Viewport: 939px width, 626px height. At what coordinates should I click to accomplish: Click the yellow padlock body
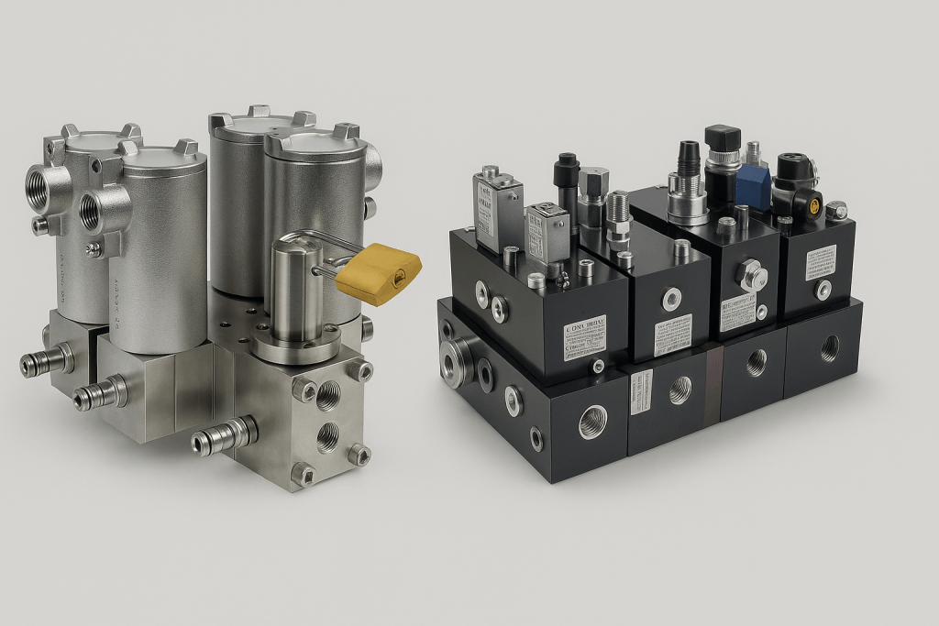pos(378,274)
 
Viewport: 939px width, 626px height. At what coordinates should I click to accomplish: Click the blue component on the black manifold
pos(751,182)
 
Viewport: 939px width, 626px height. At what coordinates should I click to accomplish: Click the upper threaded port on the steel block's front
pos(327,395)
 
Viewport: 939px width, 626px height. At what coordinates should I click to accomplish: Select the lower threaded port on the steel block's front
pos(327,438)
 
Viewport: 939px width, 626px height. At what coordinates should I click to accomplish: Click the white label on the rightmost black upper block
pos(820,262)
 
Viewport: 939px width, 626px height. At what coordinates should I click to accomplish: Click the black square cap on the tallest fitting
pos(722,138)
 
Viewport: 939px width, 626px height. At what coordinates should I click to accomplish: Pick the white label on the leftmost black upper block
pos(584,337)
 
